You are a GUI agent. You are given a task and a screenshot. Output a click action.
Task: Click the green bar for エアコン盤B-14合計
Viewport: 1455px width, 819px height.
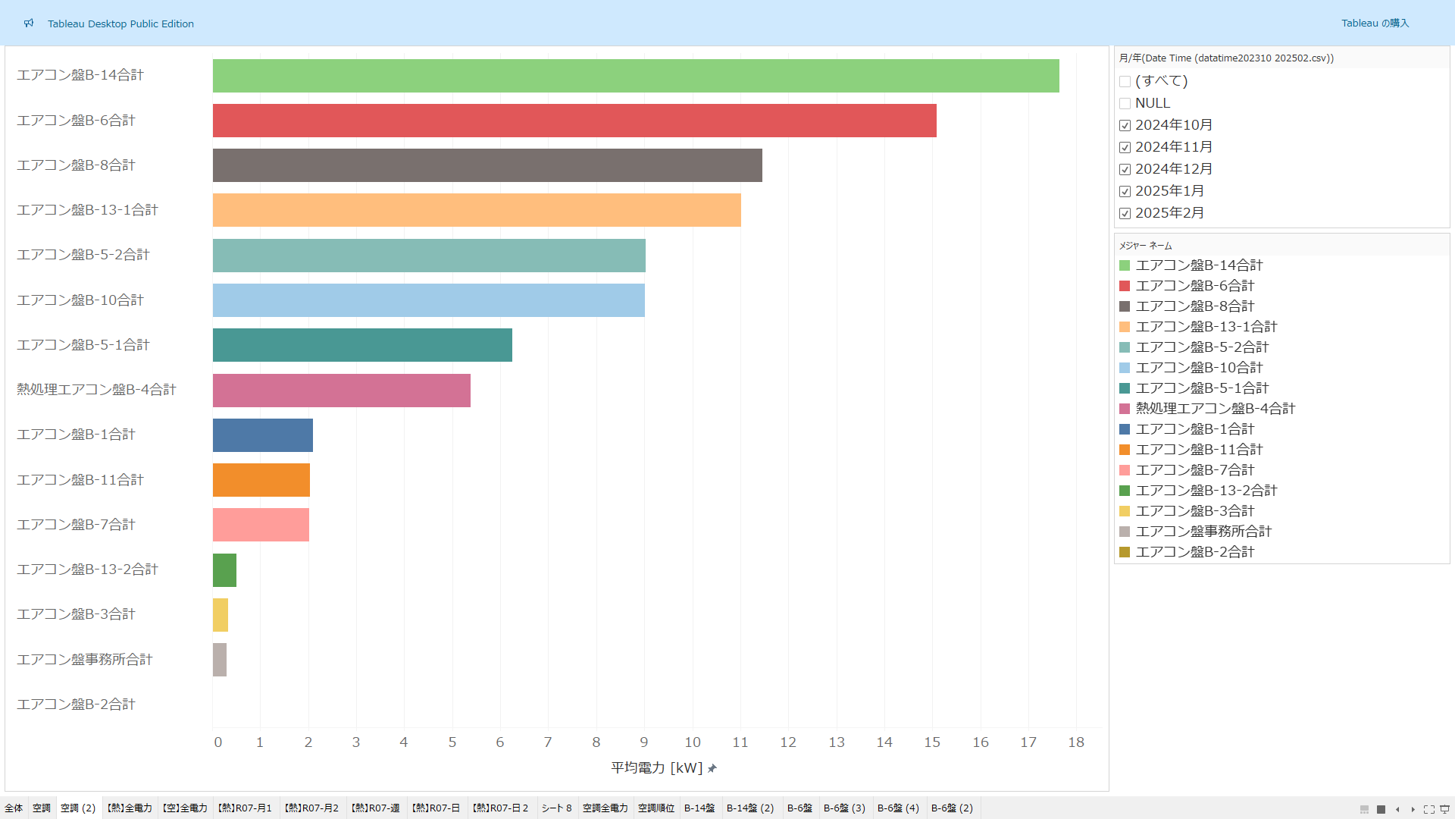(636, 76)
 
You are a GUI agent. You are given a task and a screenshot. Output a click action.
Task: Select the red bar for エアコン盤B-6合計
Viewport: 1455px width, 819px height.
(574, 121)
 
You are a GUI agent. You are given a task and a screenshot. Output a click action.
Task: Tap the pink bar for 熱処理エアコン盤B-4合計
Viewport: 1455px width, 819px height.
(342, 391)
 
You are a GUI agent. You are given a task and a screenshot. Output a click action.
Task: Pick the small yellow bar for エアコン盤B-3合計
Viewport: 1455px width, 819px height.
(221, 615)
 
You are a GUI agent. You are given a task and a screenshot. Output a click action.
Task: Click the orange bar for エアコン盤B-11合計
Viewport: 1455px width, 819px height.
(261, 480)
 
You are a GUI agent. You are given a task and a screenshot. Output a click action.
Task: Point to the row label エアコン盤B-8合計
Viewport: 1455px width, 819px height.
(76, 165)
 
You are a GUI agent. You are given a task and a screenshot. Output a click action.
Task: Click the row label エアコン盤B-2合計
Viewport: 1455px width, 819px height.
(76, 704)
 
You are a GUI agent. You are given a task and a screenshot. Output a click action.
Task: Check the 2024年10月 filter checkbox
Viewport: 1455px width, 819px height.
(1125, 126)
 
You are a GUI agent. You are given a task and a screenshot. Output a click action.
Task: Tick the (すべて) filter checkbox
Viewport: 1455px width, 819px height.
(1125, 82)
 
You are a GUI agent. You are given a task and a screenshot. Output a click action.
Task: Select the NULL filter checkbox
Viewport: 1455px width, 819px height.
(1125, 104)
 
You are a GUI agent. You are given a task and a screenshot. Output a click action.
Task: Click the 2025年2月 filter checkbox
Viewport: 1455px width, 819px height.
(1125, 214)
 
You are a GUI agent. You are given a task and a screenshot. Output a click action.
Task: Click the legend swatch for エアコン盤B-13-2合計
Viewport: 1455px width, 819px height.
(1125, 491)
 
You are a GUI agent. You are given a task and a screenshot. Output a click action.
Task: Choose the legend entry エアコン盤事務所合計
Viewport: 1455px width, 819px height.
(1203, 532)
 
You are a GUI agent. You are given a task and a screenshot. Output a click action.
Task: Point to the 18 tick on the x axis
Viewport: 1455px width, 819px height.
(1076, 742)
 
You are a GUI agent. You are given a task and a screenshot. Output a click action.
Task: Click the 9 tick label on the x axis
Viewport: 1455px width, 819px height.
(644, 742)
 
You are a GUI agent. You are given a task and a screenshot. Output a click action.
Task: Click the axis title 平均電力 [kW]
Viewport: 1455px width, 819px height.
(657, 768)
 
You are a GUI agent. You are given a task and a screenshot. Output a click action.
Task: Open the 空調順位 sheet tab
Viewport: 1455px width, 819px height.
(656, 808)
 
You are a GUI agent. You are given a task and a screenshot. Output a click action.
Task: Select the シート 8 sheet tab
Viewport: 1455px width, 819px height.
(557, 808)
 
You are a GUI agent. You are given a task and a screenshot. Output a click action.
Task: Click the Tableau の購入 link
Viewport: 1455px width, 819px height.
(1375, 24)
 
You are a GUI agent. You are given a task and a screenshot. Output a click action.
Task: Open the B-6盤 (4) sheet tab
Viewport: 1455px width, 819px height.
(898, 808)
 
